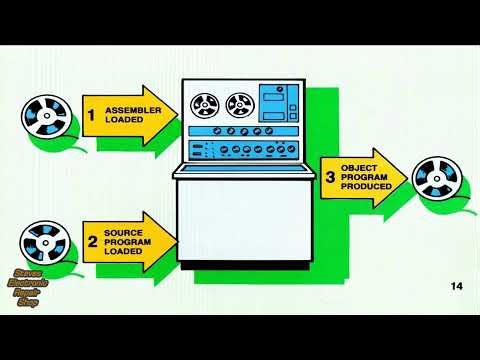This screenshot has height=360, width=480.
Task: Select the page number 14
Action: pos(456,288)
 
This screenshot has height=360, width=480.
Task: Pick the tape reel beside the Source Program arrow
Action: pos(39,241)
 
